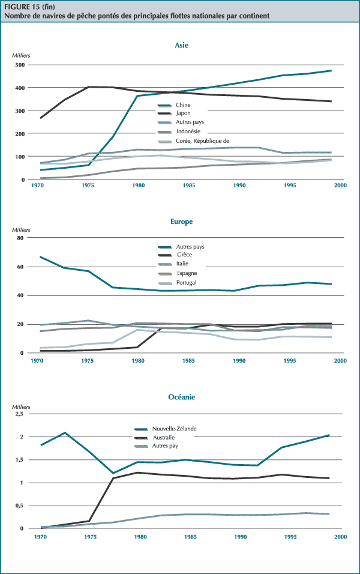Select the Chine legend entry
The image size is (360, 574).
click(183, 104)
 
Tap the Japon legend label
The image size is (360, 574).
click(183, 113)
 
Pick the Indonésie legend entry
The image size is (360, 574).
click(188, 131)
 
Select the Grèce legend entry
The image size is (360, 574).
click(184, 255)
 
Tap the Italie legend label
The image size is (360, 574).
click(184, 264)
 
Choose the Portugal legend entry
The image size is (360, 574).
click(187, 282)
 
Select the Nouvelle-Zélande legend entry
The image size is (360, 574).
click(175, 429)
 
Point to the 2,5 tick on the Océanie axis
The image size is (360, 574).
click(18, 414)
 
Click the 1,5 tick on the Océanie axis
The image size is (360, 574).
click(18, 460)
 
